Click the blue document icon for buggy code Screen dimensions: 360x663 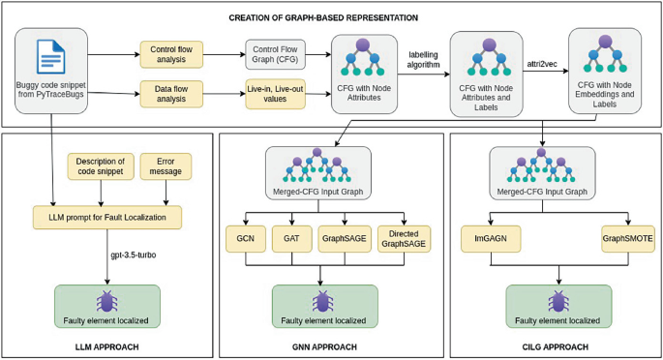pyautogui.click(x=50, y=57)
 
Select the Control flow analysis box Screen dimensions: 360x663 pyautogui.click(x=171, y=55)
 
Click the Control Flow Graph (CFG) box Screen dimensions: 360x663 pyautogui.click(x=275, y=54)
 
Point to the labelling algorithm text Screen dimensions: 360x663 pyautogui.click(x=424, y=59)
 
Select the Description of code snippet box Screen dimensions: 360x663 pyautogui.click(x=101, y=166)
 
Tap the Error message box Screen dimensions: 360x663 pyautogui.click(x=166, y=166)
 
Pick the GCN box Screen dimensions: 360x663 pyautogui.click(x=244, y=238)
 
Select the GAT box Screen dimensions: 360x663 pyautogui.click(x=292, y=238)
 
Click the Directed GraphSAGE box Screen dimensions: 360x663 pyautogui.click(x=404, y=238)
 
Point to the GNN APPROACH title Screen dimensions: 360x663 pyautogui.click(x=326, y=346)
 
